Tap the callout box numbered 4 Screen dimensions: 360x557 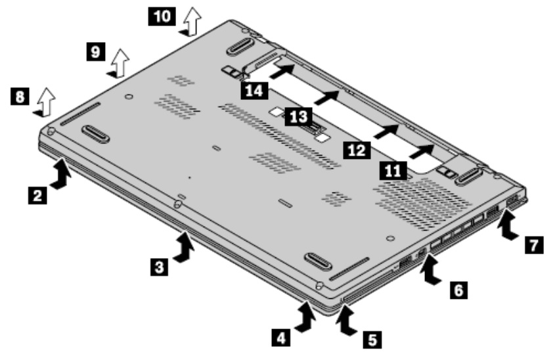click(x=280, y=338)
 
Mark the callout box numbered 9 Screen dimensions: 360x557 click(x=96, y=50)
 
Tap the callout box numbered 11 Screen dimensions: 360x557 click(x=391, y=171)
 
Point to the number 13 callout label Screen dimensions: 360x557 click(x=298, y=118)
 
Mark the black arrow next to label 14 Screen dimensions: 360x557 click(x=280, y=70)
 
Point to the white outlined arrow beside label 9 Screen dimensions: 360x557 click(x=119, y=62)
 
